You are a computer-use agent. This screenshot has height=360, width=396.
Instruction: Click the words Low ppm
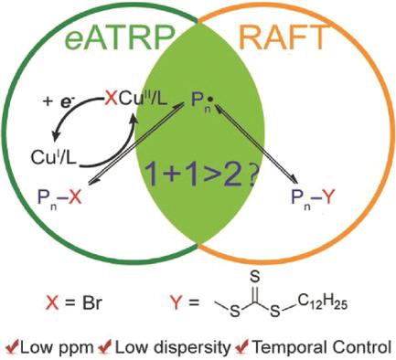point(50,348)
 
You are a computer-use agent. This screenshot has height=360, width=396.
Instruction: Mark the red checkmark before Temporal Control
point(239,347)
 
